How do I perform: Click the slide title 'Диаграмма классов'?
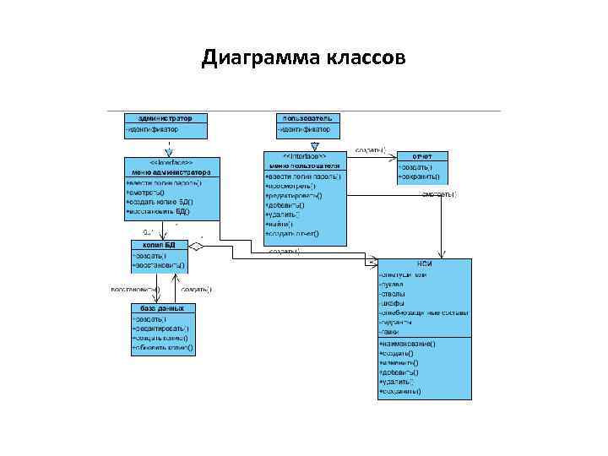coord(304,58)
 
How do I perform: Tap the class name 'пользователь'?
coord(308,118)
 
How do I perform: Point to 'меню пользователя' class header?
coord(304,166)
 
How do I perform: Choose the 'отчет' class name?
coord(422,156)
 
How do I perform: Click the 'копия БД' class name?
coord(158,244)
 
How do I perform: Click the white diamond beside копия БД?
coord(196,247)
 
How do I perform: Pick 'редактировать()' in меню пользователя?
coord(295,195)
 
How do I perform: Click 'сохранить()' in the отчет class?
coord(420,176)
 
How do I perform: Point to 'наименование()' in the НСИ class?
coord(409,345)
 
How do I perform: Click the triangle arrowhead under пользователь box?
coord(313,144)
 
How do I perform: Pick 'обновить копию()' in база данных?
coord(162,347)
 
